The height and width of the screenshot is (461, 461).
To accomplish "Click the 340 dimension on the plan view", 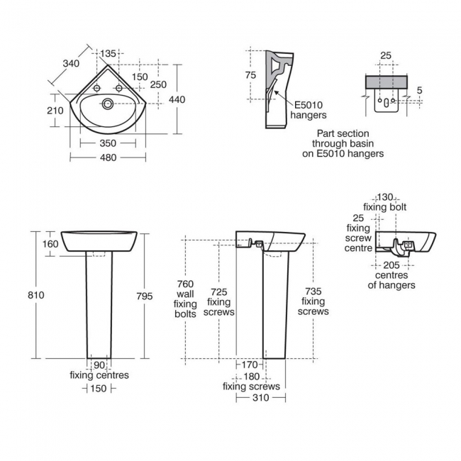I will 70,64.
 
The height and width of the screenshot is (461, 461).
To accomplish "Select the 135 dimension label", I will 109,54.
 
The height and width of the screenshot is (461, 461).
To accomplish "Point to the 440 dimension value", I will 177,99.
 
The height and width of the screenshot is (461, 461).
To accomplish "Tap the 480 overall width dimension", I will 108,157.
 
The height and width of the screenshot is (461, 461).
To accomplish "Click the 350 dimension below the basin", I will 108,143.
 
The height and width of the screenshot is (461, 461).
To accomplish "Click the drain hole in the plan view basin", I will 108,104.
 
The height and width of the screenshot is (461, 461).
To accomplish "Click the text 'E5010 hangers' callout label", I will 309,110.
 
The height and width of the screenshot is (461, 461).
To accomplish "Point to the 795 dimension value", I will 144,296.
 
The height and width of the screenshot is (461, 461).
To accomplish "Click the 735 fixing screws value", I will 313,291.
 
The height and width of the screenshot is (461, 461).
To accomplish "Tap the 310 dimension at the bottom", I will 260,399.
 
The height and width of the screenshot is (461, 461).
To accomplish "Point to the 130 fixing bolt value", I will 385,197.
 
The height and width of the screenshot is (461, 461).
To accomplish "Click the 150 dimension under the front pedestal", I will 98,388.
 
